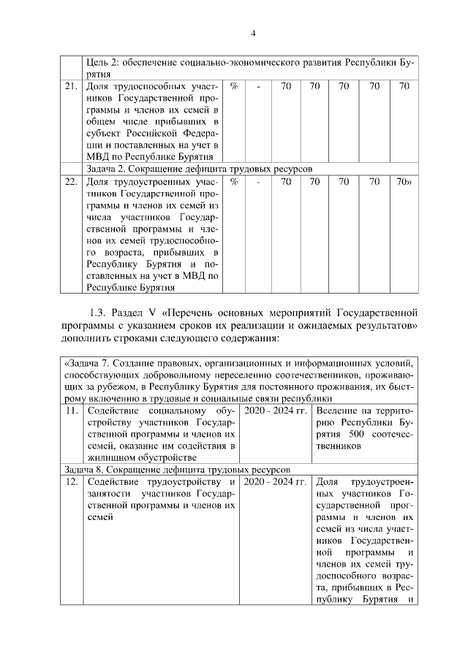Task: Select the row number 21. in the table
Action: (x=70, y=86)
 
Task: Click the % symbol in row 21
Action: (x=234, y=86)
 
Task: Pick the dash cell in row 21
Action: (x=259, y=86)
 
